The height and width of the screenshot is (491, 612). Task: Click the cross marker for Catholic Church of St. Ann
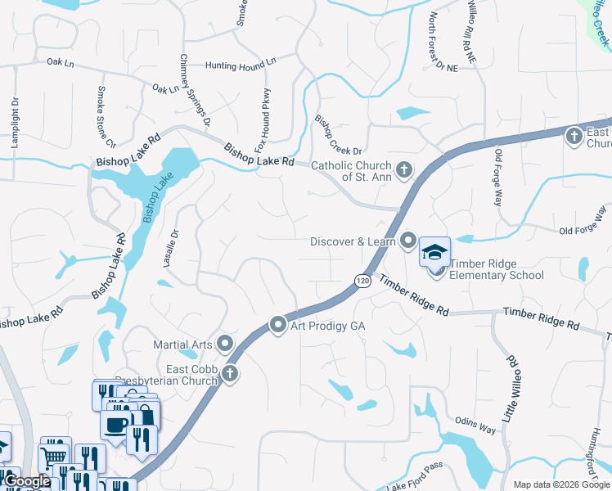click(x=403, y=170)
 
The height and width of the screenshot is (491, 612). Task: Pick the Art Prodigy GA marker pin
click(x=278, y=326)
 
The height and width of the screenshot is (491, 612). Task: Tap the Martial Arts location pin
click(x=224, y=344)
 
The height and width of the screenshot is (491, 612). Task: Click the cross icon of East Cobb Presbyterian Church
click(x=230, y=374)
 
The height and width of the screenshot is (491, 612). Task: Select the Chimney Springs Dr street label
click(x=195, y=91)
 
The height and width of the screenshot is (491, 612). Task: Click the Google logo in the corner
click(x=27, y=481)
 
